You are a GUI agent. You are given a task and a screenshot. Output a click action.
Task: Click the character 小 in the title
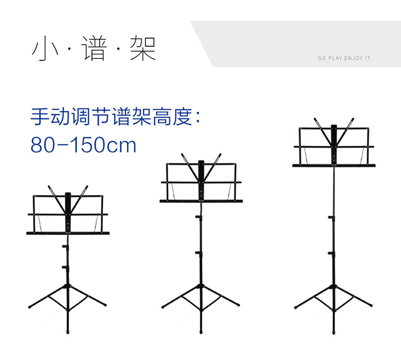click(43, 49)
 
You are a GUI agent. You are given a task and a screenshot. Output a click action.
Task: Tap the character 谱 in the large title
click(94, 49)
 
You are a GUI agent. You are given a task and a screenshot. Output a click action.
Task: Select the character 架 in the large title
click(143, 49)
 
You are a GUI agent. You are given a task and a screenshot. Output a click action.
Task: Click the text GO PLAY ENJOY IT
click(344, 58)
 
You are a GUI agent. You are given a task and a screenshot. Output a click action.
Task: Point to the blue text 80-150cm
click(84, 145)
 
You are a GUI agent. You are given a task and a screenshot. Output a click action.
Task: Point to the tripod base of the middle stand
click(201, 302)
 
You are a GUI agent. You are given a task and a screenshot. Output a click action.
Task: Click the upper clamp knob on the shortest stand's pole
click(65, 247)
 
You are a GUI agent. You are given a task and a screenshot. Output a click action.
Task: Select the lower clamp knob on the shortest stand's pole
click(65, 267)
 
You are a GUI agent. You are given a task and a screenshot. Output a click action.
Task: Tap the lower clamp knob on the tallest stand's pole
click(331, 253)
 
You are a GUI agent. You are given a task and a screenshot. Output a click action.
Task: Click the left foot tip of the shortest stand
click(29, 308)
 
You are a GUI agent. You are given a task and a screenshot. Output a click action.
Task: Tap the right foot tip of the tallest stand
click(371, 306)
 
